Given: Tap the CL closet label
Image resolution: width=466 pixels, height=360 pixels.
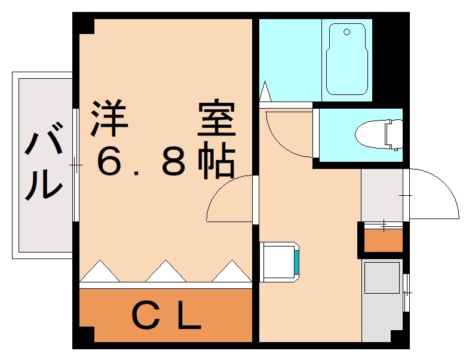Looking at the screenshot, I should pos(165,317).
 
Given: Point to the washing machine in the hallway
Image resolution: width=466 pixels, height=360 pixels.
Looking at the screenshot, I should pos(280,261).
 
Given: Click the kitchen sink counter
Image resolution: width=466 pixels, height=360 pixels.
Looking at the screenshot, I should pos(382,299).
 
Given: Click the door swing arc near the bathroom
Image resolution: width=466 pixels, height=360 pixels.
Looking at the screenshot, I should pos(287,134).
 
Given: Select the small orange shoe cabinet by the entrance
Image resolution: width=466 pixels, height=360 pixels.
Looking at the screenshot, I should pos(383,241).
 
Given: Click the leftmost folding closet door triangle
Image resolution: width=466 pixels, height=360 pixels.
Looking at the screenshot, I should pos(100,272).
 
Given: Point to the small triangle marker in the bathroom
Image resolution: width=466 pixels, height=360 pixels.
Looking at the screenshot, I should pos(266,92).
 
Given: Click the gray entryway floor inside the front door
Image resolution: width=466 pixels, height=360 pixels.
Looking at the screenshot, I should pos(382,194).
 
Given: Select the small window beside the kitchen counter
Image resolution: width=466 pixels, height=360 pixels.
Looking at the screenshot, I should pos(406,293).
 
